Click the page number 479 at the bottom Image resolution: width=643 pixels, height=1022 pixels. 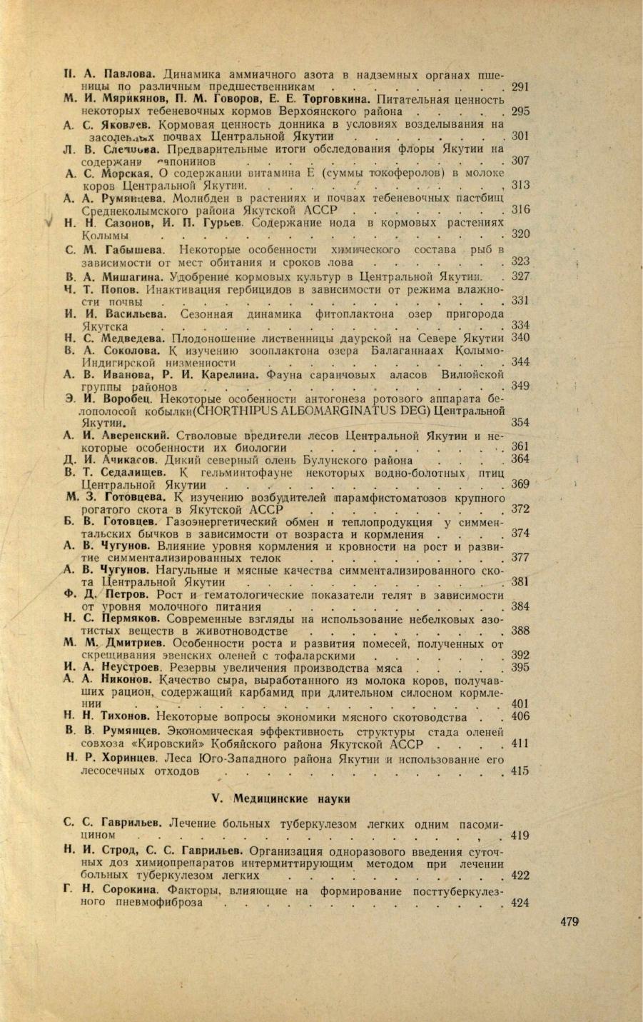(569, 922)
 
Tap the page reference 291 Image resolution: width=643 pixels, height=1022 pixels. (520, 86)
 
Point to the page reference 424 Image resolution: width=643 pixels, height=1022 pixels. (520, 903)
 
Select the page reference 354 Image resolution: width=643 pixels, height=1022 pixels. (520, 423)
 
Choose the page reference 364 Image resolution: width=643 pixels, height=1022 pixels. (520, 459)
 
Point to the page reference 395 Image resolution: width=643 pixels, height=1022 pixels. (520, 668)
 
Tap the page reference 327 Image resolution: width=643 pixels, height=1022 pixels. (520, 276)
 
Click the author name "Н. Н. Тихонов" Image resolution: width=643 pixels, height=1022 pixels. (106, 716)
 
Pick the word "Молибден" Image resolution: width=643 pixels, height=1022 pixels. (197, 199)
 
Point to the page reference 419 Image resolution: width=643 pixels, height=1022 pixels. (520, 835)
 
